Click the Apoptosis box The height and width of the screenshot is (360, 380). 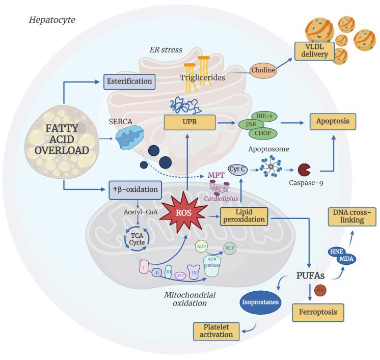pyautogui.click(x=333, y=123)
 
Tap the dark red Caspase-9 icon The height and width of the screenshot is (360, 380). pyautogui.click(x=305, y=169)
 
